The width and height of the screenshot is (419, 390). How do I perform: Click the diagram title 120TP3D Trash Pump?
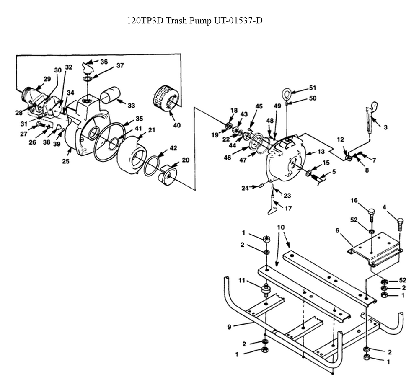click(194, 21)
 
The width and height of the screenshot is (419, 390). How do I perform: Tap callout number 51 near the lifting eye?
click(312, 88)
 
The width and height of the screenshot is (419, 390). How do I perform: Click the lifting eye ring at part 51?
click(287, 92)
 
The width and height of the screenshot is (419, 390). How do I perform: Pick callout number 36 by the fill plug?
click(104, 62)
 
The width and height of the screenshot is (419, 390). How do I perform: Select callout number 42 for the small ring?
click(173, 148)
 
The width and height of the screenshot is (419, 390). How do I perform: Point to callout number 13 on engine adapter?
click(321, 151)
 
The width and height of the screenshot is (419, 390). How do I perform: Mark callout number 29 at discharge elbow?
click(47, 79)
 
